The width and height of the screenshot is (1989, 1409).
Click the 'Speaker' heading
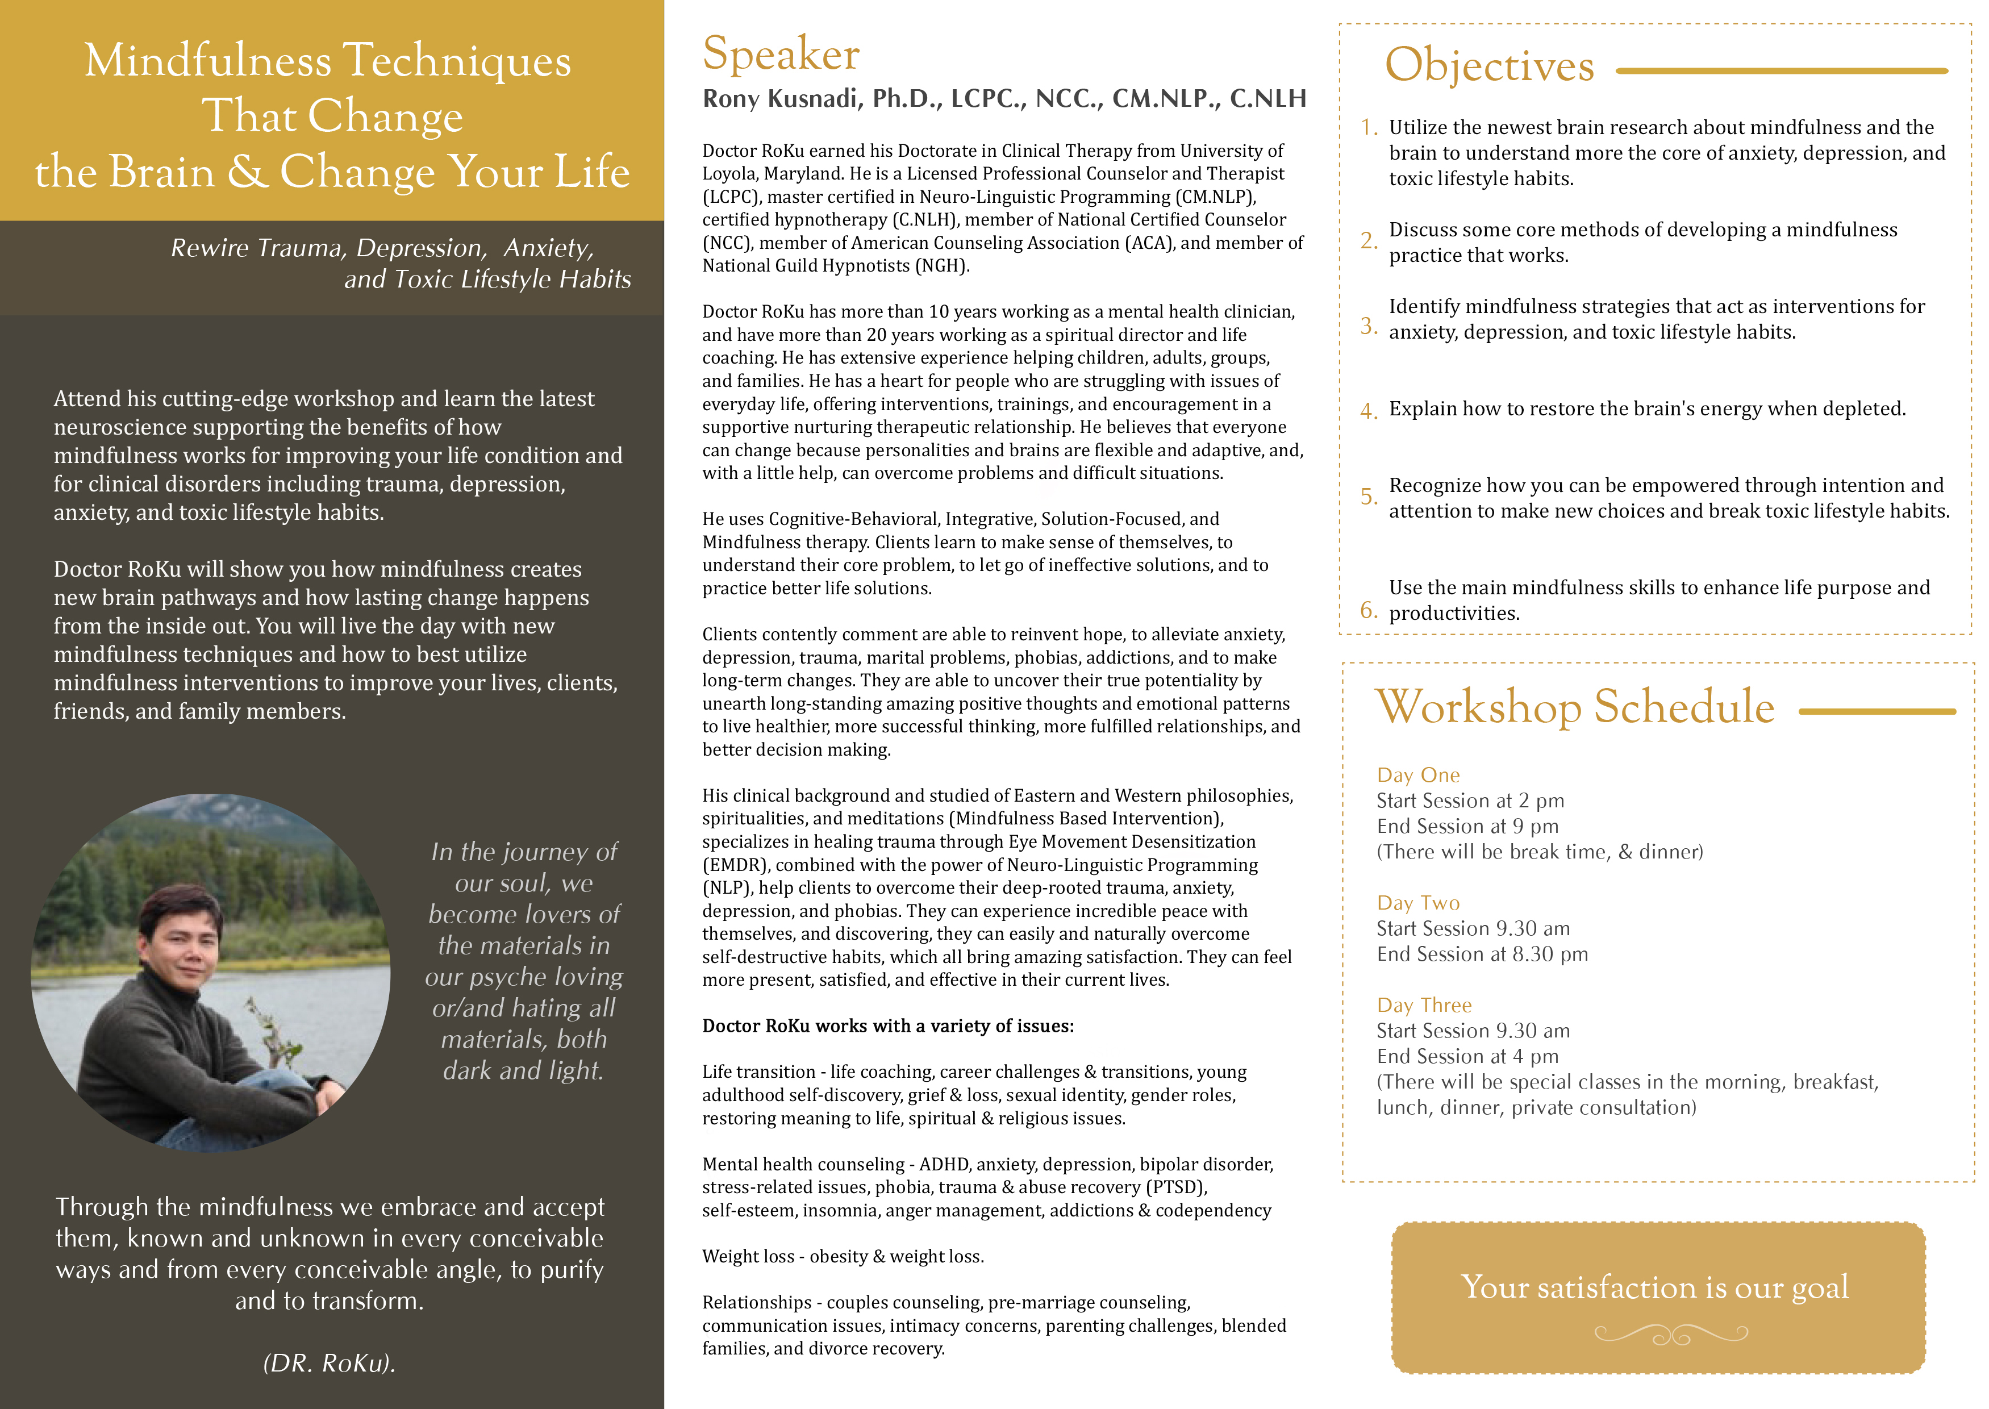tap(781, 54)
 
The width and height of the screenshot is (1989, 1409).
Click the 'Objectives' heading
tap(1488, 66)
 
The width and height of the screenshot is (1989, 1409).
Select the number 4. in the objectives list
tap(1368, 410)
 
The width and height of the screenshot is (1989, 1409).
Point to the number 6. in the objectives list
tap(1368, 610)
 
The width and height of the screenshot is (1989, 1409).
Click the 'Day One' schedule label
tap(1417, 775)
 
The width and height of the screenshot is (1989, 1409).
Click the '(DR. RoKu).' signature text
tap(329, 1363)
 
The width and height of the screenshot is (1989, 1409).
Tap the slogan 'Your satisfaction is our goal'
tap(1654, 1287)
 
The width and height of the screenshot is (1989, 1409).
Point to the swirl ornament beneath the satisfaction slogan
tap(1671, 1335)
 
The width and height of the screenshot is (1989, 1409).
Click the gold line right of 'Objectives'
tap(1782, 71)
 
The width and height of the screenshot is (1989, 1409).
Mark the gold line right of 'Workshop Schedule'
tap(1877, 711)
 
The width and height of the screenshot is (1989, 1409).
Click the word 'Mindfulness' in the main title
tap(207, 61)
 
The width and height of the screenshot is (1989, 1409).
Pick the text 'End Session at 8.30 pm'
tap(1482, 954)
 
